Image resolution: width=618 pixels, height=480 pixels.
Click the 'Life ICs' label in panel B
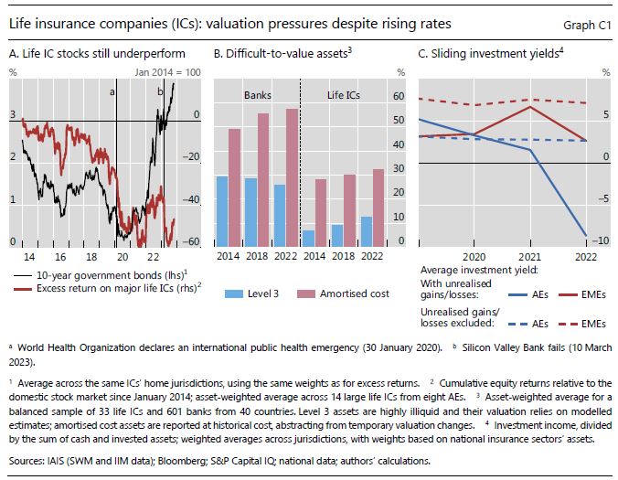point(345,93)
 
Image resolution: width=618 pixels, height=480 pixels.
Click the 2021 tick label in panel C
point(531,257)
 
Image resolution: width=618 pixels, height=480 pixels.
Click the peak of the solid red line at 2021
point(531,106)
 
